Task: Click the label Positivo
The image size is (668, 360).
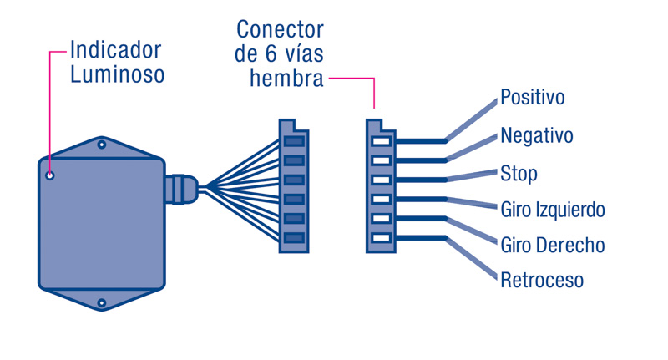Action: (532, 98)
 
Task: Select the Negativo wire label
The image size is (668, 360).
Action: (536, 135)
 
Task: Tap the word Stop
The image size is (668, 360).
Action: (518, 174)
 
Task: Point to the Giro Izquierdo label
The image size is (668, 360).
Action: (552, 209)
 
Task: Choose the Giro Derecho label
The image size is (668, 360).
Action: (552, 246)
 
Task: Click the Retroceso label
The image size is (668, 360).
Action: (541, 280)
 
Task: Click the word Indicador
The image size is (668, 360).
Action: (115, 49)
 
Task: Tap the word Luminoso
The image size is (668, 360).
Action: (117, 74)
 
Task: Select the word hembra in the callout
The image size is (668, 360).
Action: (286, 79)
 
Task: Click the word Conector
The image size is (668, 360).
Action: (280, 30)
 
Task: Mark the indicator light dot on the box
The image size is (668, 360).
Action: (50, 175)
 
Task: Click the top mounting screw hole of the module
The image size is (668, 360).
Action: (102, 145)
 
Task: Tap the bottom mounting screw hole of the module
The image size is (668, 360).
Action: (102, 302)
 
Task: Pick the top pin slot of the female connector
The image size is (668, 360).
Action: (381, 141)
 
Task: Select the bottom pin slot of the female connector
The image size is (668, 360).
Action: (381, 238)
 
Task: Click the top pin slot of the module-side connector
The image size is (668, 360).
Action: (294, 141)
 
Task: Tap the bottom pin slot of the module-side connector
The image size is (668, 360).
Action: (294, 238)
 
